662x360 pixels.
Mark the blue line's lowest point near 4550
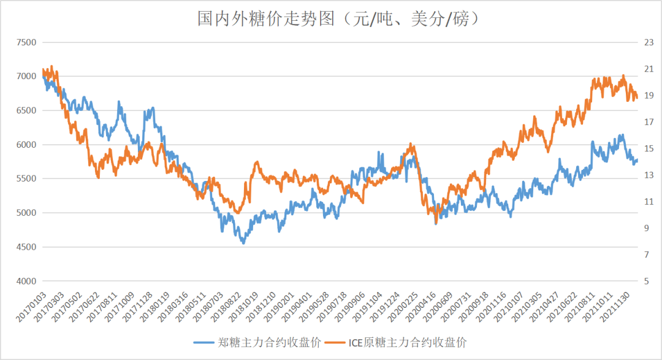pos(243,243)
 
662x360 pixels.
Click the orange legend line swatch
pos(336,342)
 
